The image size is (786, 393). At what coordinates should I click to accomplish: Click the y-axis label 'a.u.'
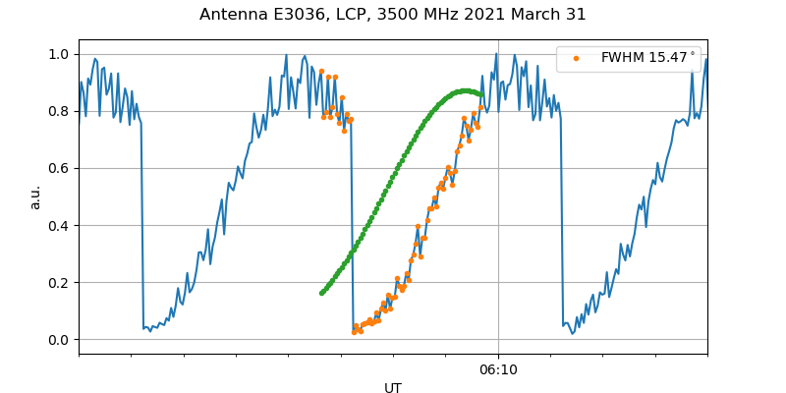pos(35,196)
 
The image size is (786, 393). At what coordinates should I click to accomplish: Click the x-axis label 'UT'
pos(393,388)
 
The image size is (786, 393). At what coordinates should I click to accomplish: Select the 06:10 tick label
pos(498,369)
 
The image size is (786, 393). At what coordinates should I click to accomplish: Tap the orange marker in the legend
pos(577,58)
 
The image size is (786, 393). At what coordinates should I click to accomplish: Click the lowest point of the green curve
pos(321,293)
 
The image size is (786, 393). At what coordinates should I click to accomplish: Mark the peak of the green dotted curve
pos(465,91)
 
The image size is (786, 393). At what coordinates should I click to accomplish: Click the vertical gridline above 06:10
pos(498,196)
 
